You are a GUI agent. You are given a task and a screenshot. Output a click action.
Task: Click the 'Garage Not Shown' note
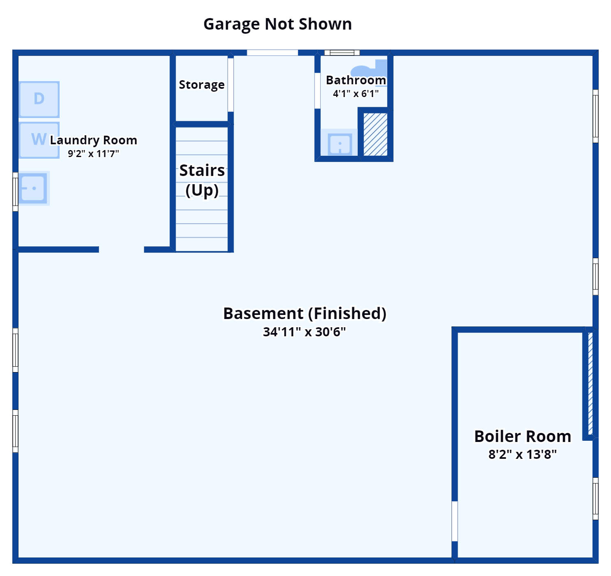[x=278, y=24]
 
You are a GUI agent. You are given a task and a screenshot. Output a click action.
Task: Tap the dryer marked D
[x=39, y=99]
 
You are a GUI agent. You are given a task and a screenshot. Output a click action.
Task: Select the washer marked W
[x=39, y=140]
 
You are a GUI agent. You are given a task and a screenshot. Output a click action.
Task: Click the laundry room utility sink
[x=33, y=188]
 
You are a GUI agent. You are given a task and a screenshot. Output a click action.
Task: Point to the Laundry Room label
[x=93, y=140]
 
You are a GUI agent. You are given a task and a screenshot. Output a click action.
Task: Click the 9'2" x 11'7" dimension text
[x=93, y=154]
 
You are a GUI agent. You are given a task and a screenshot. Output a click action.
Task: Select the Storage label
[x=201, y=85]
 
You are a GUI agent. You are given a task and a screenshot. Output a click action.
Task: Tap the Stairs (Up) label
[x=202, y=180]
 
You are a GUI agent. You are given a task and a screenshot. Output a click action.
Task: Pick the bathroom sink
[x=340, y=143]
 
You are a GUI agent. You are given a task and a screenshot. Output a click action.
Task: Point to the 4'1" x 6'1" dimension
[x=356, y=94]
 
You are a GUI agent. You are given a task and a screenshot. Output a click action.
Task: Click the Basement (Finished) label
[x=305, y=313]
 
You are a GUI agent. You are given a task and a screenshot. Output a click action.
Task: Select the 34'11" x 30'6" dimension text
[x=304, y=332]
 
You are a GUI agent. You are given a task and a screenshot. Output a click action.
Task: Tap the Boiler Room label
[x=523, y=436]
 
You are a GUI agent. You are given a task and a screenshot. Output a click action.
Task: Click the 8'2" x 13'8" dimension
[x=523, y=454]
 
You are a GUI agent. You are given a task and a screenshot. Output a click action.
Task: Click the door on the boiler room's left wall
[x=455, y=521]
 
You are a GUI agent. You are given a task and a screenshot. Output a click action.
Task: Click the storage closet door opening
[x=231, y=85]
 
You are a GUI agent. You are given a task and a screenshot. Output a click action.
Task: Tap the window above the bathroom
[x=342, y=53]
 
